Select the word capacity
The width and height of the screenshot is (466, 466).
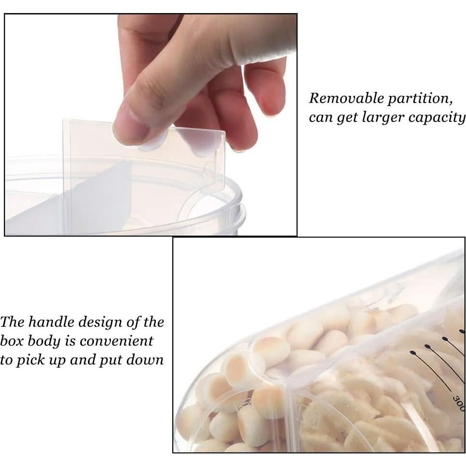pos(441,118)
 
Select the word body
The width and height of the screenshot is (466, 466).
pos(43,341)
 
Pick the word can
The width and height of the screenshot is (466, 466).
pos(320,118)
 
